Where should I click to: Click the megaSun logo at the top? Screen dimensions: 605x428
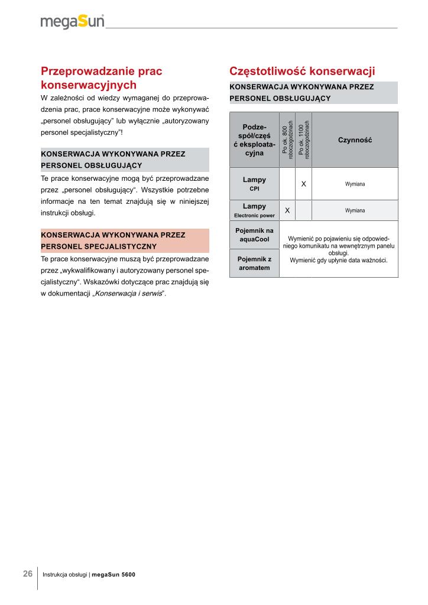pos(72,22)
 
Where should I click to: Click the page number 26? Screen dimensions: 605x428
pos(28,574)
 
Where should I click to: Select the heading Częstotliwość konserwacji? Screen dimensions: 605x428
pos(302,71)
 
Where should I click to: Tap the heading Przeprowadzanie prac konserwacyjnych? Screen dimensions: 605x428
pos(101,78)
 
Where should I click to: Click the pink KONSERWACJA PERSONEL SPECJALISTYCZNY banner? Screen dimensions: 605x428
pos(125,240)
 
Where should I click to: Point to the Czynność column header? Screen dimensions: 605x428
pos(355,140)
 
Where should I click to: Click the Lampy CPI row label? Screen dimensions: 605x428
pos(254,184)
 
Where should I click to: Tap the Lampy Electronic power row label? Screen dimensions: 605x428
pos(254,210)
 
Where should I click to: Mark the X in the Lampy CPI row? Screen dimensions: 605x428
pos(303,184)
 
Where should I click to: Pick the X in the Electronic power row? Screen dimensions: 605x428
pos(287,210)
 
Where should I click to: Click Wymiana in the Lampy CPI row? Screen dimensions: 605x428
pos(355,184)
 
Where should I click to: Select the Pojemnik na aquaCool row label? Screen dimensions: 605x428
pos(254,235)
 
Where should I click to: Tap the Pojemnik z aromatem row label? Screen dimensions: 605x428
pos(254,264)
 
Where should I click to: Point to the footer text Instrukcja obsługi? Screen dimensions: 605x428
pos(65,575)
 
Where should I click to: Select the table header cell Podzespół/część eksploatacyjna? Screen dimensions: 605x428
pos(254,140)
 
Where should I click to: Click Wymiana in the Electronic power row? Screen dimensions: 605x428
pos(355,210)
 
